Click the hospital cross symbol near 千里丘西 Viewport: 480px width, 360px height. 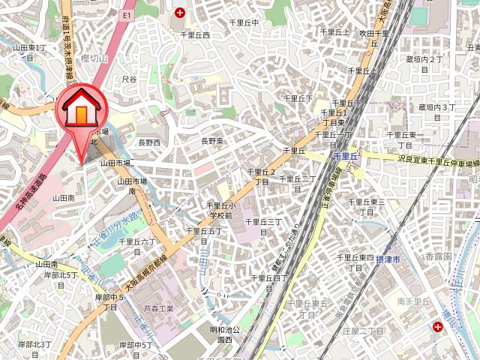coord(180,12)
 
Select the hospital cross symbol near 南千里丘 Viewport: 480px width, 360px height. coord(437,327)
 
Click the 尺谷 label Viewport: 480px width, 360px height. coord(129,79)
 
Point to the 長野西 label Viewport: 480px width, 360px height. coord(149,142)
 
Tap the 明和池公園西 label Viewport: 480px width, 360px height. coord(224,334)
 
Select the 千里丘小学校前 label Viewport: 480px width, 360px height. coord(220,210)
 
